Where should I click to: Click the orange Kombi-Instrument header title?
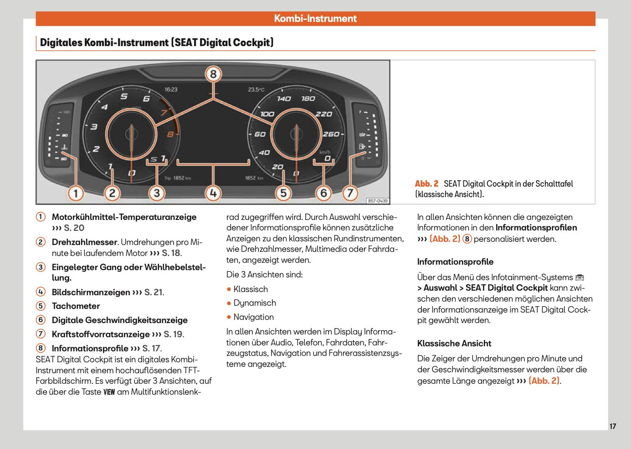(x=315, y=19)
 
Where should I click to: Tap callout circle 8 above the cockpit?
(x=213, y=74)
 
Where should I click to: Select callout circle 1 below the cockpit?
(x=76, y=193)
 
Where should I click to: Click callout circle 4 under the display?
(x=213, y=193)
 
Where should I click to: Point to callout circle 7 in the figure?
(x=350, y=193)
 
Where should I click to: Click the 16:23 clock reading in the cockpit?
(x=171, y=89)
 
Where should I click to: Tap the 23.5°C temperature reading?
(x=256, y=89)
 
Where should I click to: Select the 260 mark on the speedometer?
(x=331, y=134)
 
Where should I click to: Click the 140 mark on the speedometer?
(x=283, y=99)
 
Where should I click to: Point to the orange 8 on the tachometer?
(x=170, y=135)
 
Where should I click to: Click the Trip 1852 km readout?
(x=177, y=178)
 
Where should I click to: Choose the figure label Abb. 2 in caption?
(x=426, y=183)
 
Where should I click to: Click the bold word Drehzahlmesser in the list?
(x=85, y=242)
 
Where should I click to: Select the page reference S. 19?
(x=174, y=334)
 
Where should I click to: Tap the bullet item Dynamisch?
(x=255, y=303)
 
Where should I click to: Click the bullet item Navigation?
(x=253, y=317)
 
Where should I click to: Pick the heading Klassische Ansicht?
(x=454, y=344)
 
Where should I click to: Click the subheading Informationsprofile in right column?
(x=455, y=262)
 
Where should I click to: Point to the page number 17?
(x=613, y=426)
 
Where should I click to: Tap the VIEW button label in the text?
(x=109, y=392)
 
